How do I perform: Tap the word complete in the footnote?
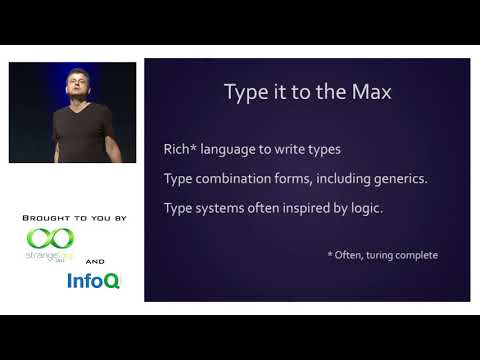[417, 255]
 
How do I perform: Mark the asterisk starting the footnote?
[330, 254]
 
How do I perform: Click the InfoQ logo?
[93, 281]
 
